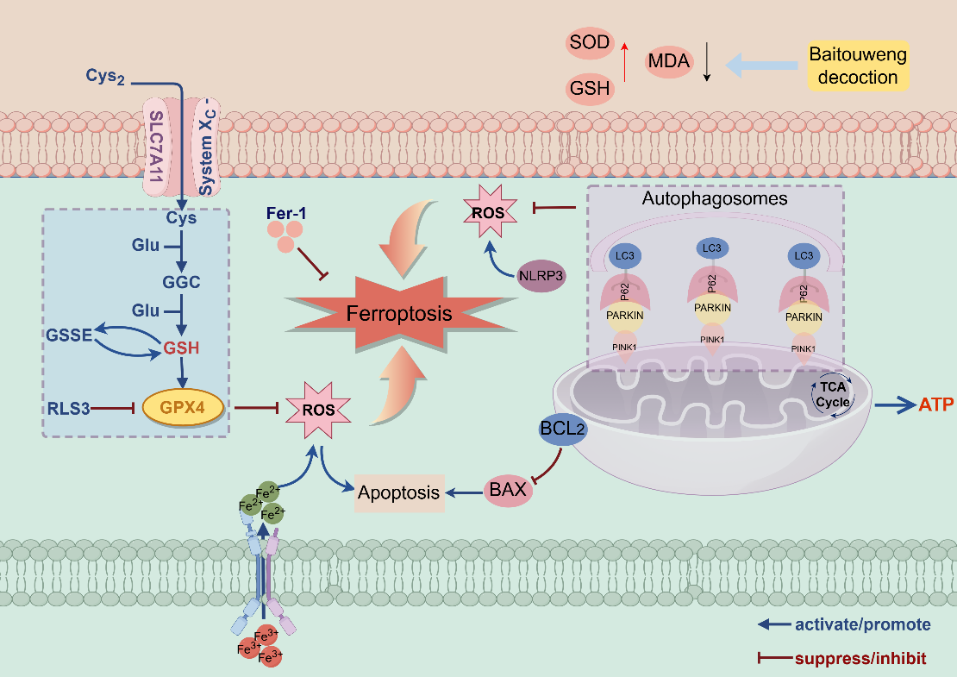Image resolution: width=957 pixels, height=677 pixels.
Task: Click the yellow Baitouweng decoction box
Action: point(858,66)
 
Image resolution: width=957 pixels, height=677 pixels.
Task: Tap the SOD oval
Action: point(589,41)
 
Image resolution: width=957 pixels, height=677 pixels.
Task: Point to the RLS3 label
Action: point(70,405)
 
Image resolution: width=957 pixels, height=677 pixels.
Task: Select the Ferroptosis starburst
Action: point(398,313)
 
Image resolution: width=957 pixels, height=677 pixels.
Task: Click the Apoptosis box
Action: point(399,493)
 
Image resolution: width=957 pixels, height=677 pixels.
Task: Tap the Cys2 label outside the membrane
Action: point(105,77)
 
